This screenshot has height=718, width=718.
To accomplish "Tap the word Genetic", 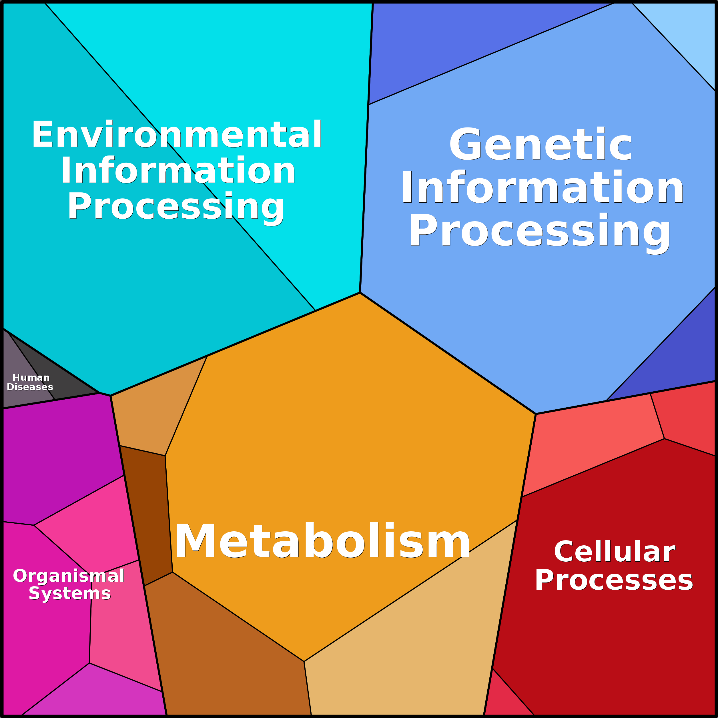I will coord(541,145).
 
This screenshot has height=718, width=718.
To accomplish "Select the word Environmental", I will coord(177,135).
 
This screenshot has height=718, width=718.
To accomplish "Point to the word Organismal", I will coord(69,576).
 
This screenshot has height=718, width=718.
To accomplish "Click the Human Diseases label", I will coord(30,382).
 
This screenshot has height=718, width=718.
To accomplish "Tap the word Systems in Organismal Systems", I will coord(70,593).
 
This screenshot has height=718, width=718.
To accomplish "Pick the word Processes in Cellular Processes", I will coord(614,581).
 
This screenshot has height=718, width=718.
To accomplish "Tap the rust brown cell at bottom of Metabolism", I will coord(223,654).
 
